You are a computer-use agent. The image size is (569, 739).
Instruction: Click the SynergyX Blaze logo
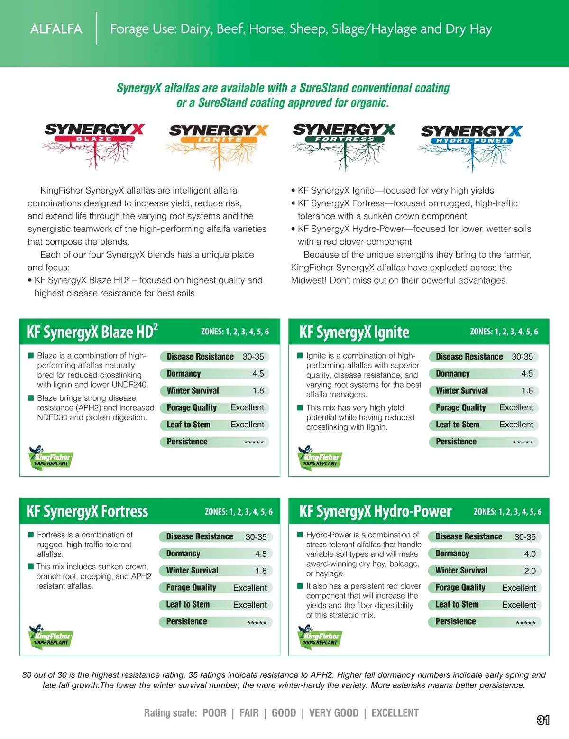point(94,145)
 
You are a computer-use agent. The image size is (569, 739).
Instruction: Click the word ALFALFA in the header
point(56,29)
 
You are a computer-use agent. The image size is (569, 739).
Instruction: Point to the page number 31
point(543,720)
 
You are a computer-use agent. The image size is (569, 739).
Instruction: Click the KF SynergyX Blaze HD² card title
point(92,332)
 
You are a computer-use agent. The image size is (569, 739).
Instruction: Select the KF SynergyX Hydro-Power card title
point(375,511)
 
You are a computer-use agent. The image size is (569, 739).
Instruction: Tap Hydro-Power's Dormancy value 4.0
point(530,554)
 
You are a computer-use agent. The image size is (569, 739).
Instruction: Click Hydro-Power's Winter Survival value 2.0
point(530,571)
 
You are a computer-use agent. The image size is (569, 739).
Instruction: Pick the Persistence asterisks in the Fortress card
point(257,623)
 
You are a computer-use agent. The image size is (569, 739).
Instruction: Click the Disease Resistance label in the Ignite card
point(469,357)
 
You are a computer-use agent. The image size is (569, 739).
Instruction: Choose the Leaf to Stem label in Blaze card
point(188,425)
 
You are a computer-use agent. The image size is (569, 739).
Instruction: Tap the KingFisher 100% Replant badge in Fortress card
point(50,636)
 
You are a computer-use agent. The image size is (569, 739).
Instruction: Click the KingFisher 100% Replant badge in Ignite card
point(320,457)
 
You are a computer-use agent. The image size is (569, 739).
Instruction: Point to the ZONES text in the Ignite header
point(504,332)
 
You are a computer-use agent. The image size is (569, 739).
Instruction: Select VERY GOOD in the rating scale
point(334,713)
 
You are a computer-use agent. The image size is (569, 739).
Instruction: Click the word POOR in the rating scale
point(214,713)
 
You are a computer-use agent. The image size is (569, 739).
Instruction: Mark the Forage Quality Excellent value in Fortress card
point(250,588)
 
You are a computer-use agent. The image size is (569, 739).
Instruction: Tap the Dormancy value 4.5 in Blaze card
point(258,374)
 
